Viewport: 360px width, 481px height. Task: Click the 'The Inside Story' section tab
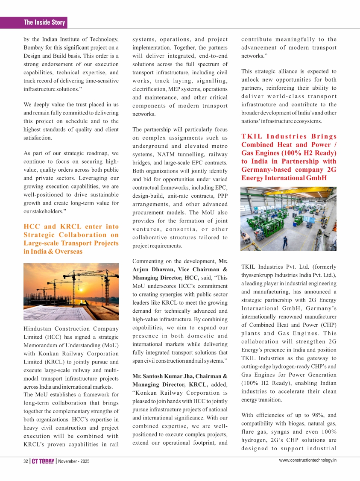44,22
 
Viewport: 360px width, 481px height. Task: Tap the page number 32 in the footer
26,462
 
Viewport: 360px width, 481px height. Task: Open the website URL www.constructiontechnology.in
307,460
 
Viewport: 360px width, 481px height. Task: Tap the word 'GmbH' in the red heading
314,178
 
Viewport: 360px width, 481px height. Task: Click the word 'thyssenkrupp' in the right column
259,275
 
